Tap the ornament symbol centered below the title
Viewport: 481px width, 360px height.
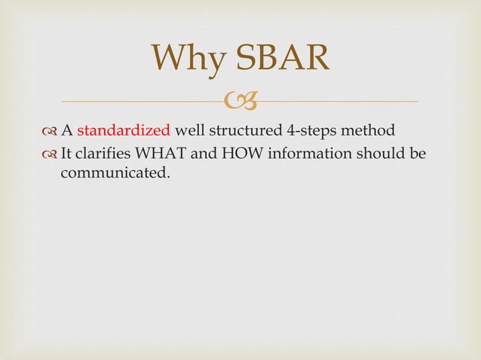240,100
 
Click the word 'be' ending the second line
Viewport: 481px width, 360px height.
417,154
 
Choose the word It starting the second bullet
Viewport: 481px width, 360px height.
66,154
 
